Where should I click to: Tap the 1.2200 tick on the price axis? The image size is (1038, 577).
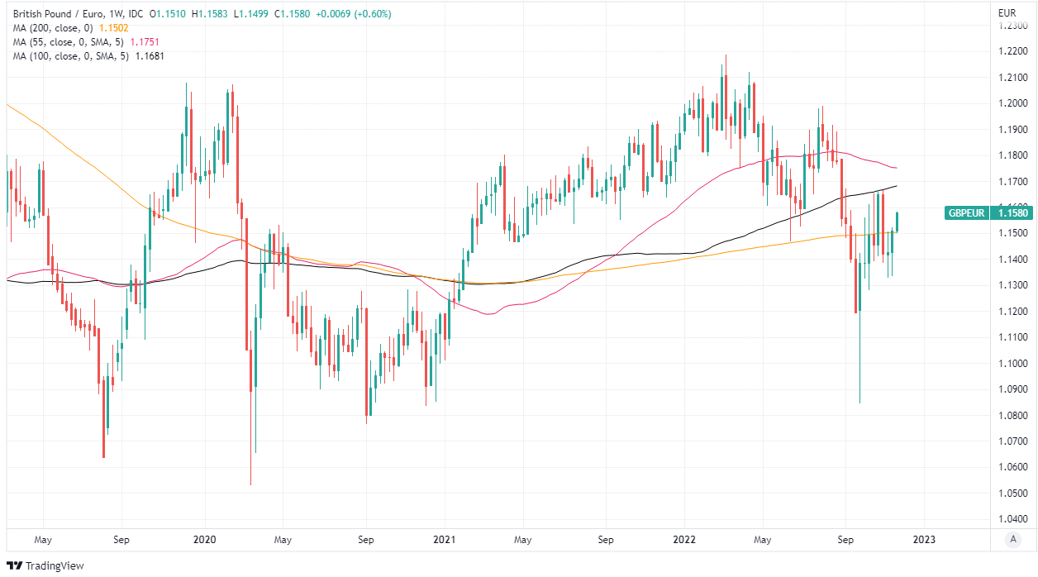1012,51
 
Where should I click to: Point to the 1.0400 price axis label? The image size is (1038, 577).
1012,520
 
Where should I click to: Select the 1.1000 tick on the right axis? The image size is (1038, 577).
1012,364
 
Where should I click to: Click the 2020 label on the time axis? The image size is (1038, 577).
203,540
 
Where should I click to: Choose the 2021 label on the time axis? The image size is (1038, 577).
445,540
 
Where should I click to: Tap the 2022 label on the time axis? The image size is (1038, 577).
684,540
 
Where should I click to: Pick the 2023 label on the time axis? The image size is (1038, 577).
924,540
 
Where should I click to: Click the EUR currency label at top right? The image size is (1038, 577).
1007,13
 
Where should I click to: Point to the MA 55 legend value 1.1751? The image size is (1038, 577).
143,41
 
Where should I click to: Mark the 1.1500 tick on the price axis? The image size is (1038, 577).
1012,233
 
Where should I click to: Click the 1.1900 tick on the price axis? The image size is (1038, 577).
1012,130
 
